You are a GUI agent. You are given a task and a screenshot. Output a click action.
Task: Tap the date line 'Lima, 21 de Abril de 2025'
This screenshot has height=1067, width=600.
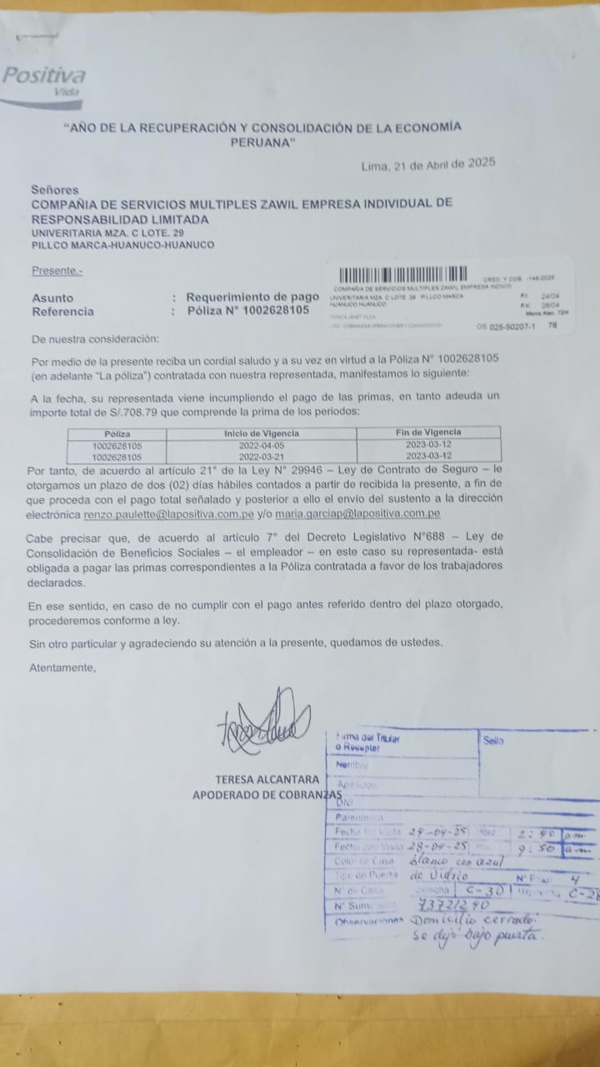pyautogui.click(x=428, y=165)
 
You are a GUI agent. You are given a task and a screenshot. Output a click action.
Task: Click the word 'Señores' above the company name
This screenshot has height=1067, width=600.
pyautogui.click(x=55, y=190)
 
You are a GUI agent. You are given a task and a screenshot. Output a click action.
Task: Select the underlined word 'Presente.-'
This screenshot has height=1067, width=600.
pyautogui.click(x=57, y=271)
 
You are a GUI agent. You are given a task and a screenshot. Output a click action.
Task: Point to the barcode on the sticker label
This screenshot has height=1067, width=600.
pyautogui.click(x=403, y=274)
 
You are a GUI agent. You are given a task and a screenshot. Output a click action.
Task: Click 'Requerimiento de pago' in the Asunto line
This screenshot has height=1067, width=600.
pyautogui.click(x=252, y=298)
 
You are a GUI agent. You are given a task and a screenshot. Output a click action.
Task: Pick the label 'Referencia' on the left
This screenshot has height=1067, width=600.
pyautogui.click(x=62, y=312)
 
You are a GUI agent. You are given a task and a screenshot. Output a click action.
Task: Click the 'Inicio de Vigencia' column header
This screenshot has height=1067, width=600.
pyautogui.click(x=262, y=433)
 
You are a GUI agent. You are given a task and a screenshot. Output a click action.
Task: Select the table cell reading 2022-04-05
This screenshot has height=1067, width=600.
pyautogui.click(x=262, y=446)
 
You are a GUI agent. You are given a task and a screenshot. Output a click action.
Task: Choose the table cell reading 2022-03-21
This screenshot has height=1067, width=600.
pyautogui.click(x=262, y=457)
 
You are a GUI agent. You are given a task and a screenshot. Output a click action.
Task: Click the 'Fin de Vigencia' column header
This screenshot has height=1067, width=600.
pyautogui.click(x=428, y=433)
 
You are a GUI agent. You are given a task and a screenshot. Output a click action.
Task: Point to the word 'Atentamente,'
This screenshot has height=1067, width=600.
pyautogui.click(x=62, y=668)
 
